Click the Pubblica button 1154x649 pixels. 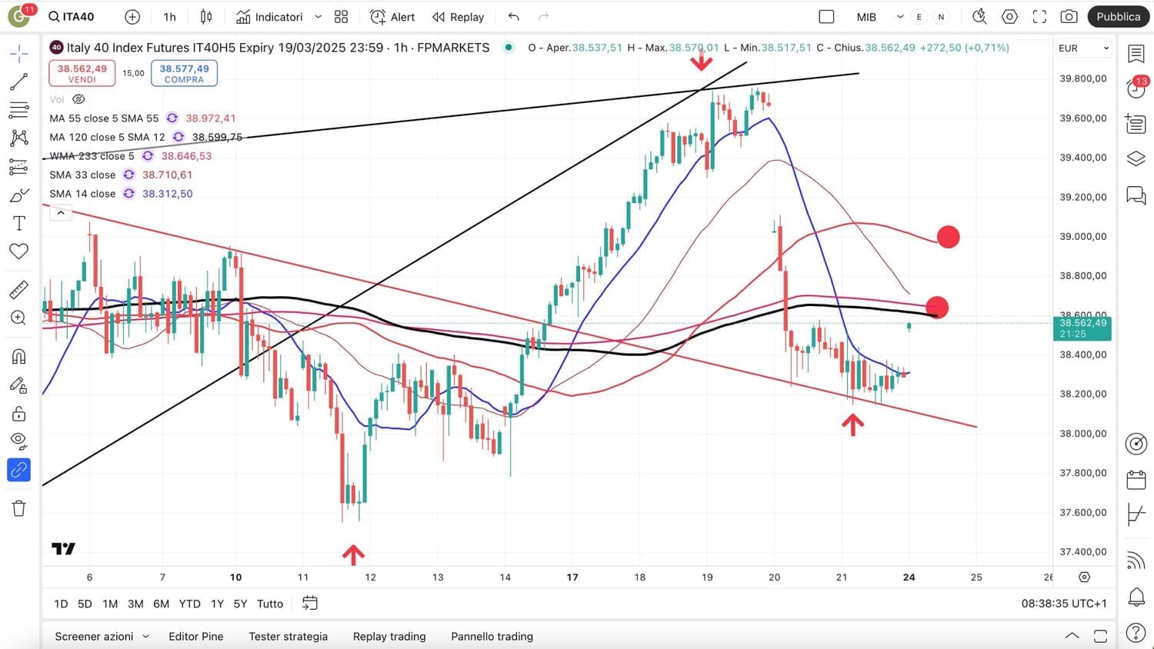pos(1118,17)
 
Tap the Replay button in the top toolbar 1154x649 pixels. pos(458,17)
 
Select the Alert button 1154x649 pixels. pos(392,17)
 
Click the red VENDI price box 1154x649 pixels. pos(82,73)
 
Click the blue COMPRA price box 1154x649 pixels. pos(184,73)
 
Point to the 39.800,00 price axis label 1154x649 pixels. pos(1082,78)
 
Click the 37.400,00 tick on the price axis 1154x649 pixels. pos(1082,551)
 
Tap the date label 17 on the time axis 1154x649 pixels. pos(572,577)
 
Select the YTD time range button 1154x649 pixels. pos(189,604)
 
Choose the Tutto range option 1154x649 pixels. pos(269,604)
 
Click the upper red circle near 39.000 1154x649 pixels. pos(948,237)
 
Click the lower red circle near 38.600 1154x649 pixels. pos(936,308)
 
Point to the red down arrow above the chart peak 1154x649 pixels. pos(701,61)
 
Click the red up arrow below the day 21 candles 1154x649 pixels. pos(852,424)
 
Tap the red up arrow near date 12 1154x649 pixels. pos(353,554)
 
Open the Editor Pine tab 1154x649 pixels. pos(195,636)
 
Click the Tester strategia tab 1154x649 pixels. pos(288,636)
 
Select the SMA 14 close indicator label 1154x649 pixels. pos(82,194)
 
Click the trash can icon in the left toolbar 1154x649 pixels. pos(19,508)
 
